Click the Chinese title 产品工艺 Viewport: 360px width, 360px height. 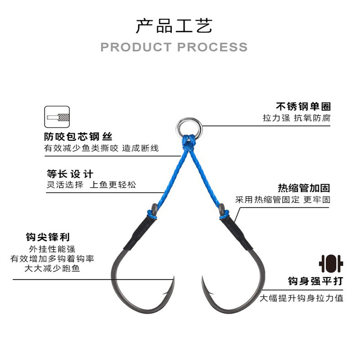(x=174, y=26)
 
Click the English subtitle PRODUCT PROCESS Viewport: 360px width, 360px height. (x=174, y=47)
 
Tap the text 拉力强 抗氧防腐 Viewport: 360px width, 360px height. (x=297, y=118)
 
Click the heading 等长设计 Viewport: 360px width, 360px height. (x=70, y=173)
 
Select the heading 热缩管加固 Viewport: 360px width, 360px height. (x=304, y=188)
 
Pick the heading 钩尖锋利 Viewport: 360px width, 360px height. (x=48, y=237)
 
